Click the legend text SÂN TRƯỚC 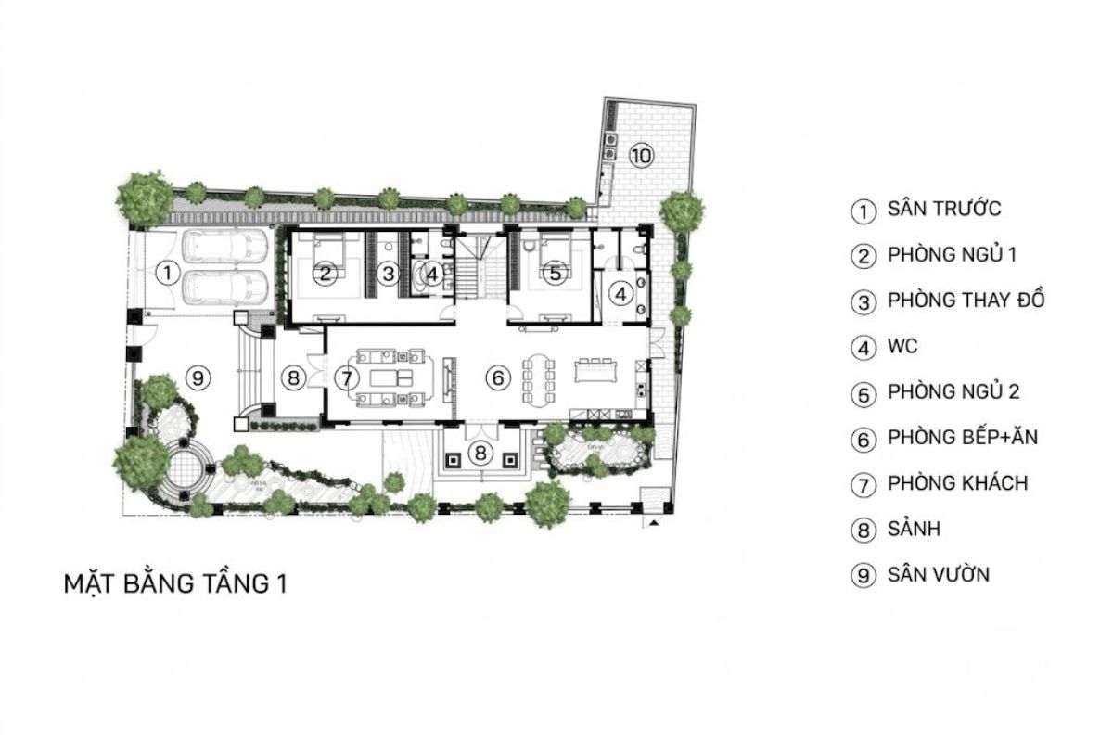(x=944, y=210)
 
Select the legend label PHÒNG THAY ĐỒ (x=966, y=301)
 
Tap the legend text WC (x=902, y=346)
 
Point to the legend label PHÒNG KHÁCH (x=957, y=483)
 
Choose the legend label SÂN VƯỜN (x=939, y=575)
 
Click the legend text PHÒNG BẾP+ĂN (x=963, y=438)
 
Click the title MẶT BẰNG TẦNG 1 (x=176, y=583)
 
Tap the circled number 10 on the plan (x=641, y=156)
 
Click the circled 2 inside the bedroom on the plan (x=326, y=274)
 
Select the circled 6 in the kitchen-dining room (x=498, y=378)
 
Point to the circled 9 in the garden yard (x=198, y=378)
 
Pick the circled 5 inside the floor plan (x=555, y=273)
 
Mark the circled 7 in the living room (x=346, y=378)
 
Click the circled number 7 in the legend (x=864, y=484)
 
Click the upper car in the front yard (x=225, y=247)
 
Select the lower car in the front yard (x=225, y=288)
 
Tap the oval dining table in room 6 (x=539, y=380)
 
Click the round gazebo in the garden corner (x=185, y=467)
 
